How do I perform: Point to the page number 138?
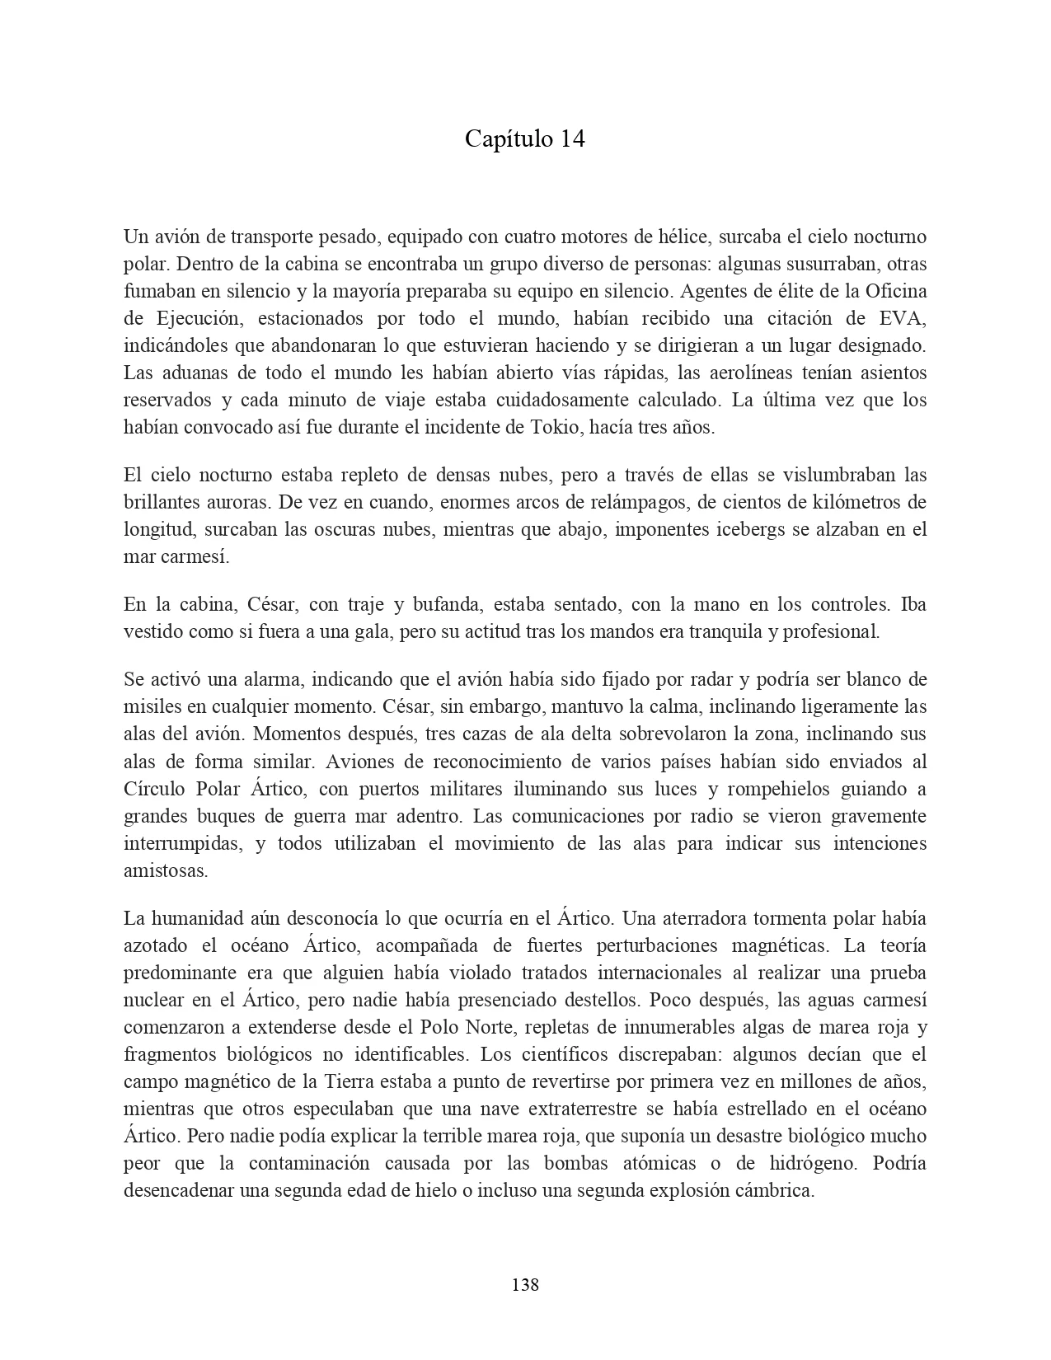tap(525, 1284)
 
